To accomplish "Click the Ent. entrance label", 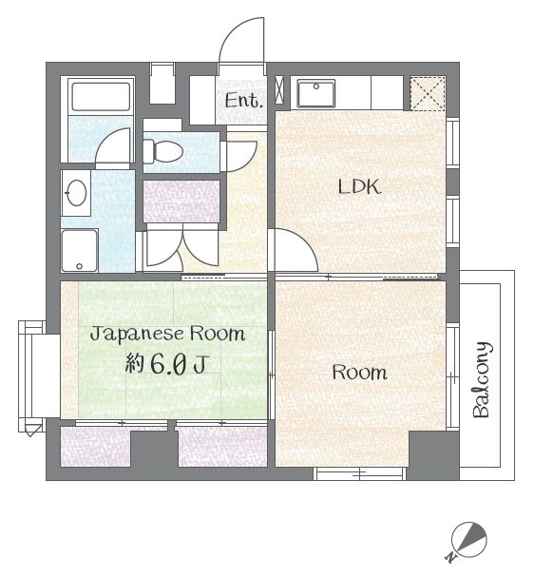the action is (x=244, y=101).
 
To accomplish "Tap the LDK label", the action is (x=359, y=187).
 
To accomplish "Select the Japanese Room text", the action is (x=167, y=335).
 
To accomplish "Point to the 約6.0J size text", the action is (x=167, y=364).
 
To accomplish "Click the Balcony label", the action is (x=482, y=380).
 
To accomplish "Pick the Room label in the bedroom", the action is (x=360, y=372).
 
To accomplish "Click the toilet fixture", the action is (x=162, y=151).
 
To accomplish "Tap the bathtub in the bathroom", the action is (x=101, y=97).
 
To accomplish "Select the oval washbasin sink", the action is (x=76, y=193).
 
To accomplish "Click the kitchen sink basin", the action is (x=316, y=93).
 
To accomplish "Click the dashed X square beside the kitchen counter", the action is (x=428, y=93).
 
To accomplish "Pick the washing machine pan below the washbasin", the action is (x=80, y=251).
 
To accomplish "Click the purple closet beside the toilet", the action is (x=181, y=202).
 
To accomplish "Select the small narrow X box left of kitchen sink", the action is (x=280, y=89).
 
